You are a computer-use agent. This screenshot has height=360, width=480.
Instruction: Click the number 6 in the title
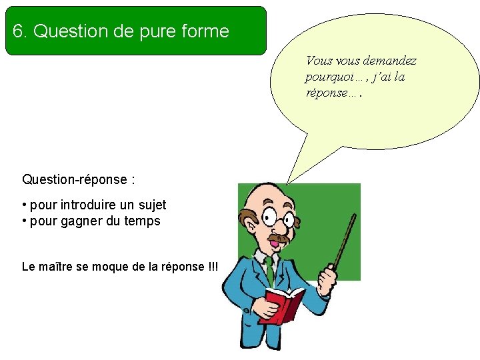17,31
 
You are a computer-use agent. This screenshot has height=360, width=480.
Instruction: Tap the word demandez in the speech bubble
389,61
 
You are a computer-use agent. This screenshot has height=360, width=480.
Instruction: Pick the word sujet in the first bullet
151,205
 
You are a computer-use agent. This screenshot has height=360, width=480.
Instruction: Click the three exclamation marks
213,267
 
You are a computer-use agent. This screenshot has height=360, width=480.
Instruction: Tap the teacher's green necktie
269,270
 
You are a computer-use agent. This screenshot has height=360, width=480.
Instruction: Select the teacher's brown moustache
279,238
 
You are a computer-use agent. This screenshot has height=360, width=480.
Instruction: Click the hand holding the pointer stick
329,275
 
